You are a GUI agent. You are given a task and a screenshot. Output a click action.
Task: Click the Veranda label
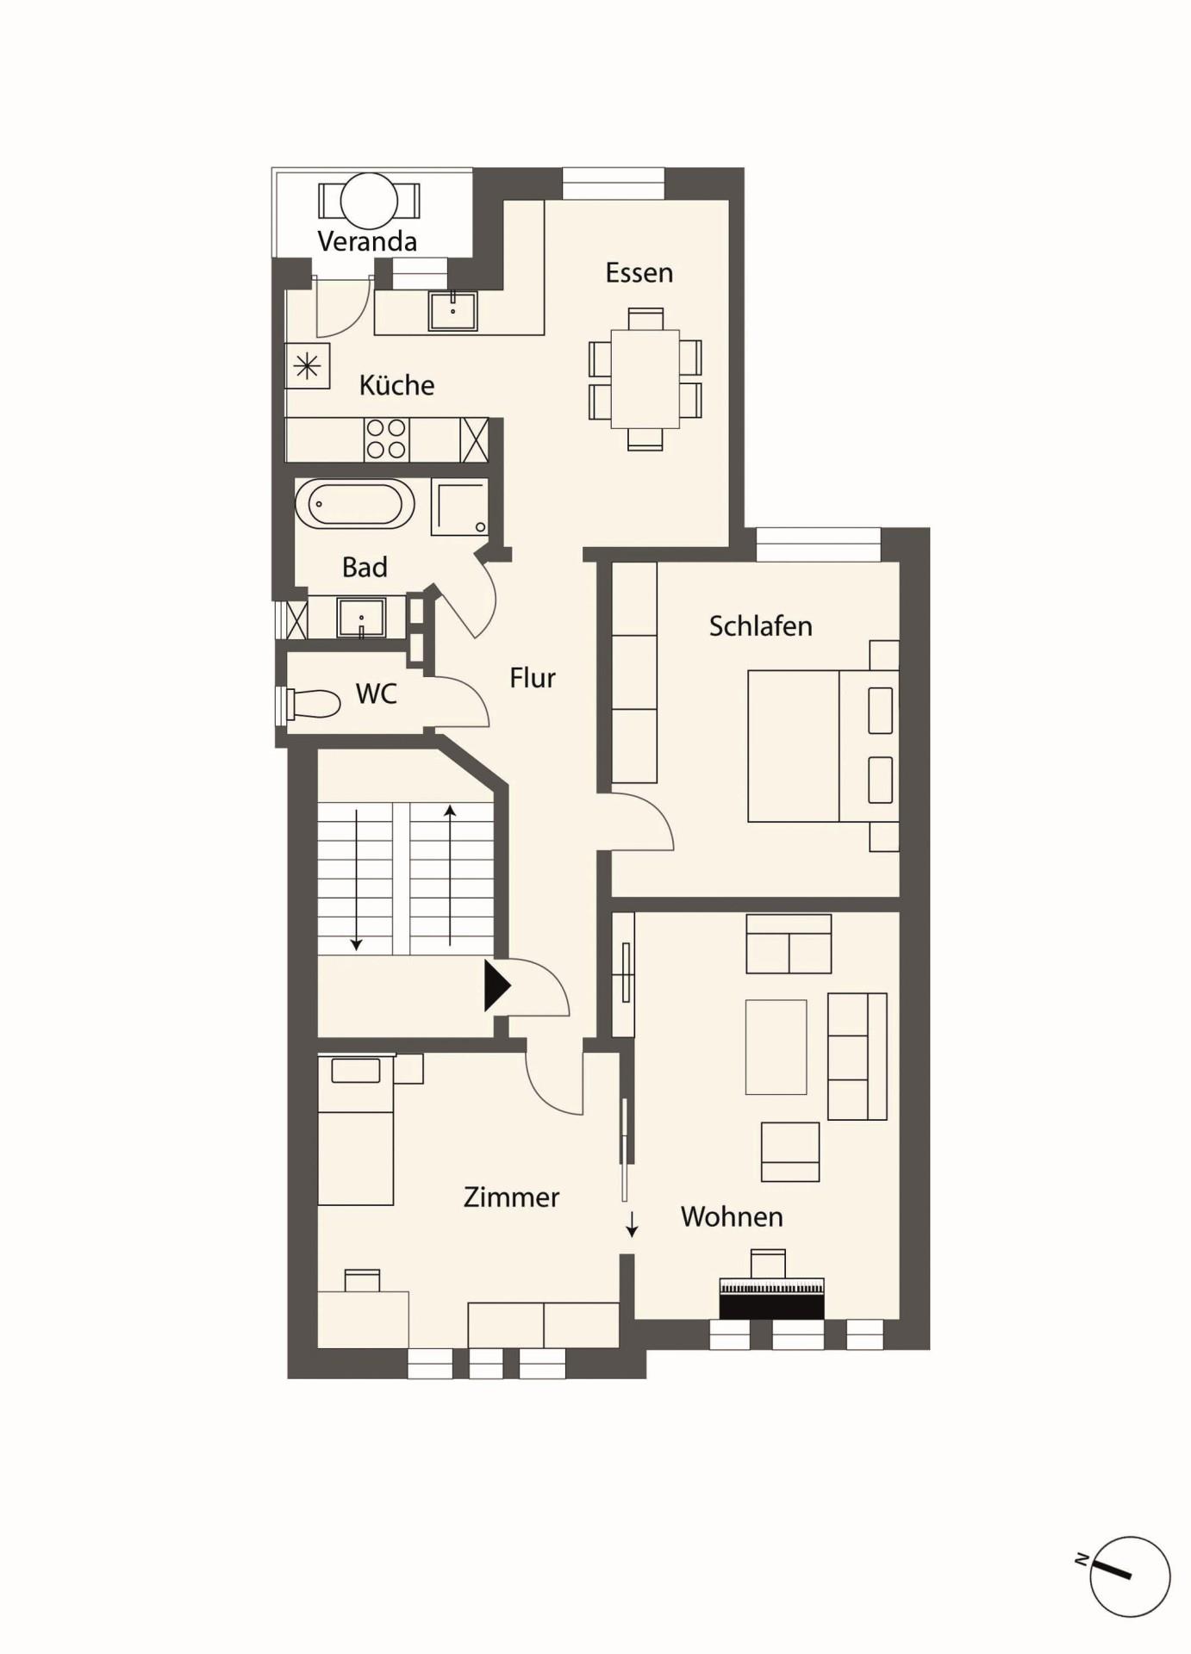(367, 241)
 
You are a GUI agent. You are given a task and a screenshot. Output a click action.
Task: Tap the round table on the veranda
(369, 202)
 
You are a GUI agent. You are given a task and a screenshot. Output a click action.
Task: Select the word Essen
(639, 272)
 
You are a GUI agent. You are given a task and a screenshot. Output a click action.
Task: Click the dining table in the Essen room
(645, 379)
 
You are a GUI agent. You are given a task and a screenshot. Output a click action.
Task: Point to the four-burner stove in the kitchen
(386, 439)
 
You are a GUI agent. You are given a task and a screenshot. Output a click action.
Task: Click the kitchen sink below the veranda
(453, 311)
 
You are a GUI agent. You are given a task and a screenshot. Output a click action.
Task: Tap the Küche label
(396, 384)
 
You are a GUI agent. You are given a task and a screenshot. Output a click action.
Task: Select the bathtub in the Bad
(354, 503)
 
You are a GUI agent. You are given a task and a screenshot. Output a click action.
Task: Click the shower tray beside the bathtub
(459, 507)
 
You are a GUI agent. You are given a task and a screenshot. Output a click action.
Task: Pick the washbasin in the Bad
(361, 618)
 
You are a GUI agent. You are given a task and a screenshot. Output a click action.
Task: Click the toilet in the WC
(311, 704)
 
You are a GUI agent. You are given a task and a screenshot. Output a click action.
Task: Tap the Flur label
(533, 678)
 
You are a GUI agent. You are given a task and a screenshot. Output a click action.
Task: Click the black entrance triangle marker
(496, 985)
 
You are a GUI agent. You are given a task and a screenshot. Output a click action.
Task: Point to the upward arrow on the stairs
(450, 874)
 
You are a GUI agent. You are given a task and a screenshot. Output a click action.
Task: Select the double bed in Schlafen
(823, 746)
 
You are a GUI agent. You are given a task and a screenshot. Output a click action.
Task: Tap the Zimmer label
(511, 1197)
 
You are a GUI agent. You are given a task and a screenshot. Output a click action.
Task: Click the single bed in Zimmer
(356, 1129)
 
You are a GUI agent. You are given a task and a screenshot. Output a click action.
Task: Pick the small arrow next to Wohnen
(632, 1224)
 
